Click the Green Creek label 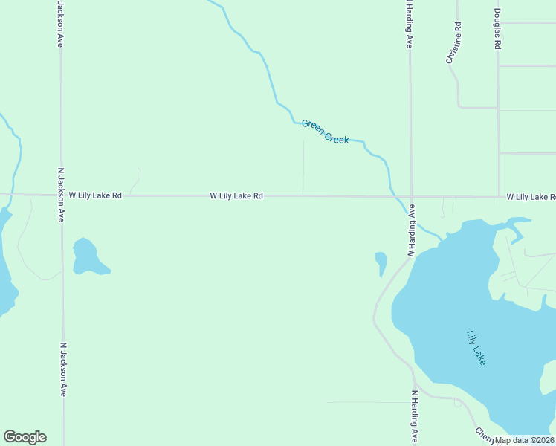click(325, 132)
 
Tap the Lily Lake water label click(476, 347)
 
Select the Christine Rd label click(454, 42)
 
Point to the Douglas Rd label click(497, 29)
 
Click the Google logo click(25, 436)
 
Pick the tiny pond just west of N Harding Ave click(381, 262)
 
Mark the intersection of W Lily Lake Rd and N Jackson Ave click(61, 195)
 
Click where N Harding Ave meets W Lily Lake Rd click(411, 197)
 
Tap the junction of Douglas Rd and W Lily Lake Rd click(499, 197)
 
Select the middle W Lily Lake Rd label click(236, 196)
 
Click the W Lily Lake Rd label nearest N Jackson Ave click(95, 195)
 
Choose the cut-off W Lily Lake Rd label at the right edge click(531, 197)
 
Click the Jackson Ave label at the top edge click(59, 24)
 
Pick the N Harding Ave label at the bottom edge click(414, 416)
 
